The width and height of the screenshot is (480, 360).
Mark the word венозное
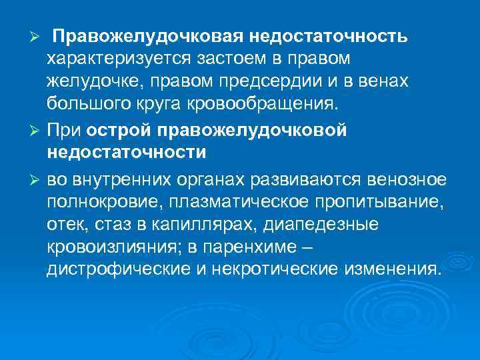[409, 181]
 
